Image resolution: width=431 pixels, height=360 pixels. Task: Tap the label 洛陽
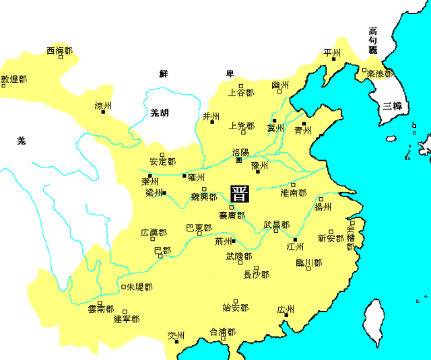[x=240, y=152]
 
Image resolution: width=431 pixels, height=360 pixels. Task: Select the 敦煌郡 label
[x=14, y=79]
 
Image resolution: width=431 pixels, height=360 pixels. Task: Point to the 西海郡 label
[x=59, y=50]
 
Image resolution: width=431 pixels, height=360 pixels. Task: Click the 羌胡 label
[x=160, y=112]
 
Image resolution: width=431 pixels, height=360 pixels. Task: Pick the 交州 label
[x=176, y=334]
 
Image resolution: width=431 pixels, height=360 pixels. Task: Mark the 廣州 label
[x=286, y=310]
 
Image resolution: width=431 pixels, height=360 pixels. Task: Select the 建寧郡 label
[x=126, y=318]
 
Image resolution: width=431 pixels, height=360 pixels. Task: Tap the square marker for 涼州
[x=103, y=112]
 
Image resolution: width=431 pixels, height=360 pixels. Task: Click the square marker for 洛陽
[x=238, y=160]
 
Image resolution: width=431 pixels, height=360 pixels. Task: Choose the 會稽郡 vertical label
[x=350, y=238]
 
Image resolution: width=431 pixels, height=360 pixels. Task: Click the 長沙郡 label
[x=256, y=274]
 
